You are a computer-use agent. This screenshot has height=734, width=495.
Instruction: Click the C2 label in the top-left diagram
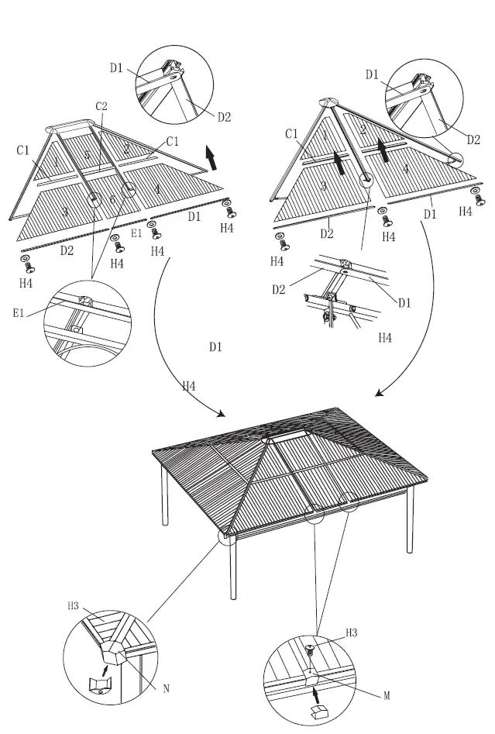101,106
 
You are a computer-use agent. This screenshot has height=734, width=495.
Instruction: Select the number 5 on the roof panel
87,156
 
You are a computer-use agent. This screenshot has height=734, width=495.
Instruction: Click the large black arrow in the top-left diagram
210,157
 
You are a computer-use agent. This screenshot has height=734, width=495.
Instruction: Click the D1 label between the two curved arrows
215,347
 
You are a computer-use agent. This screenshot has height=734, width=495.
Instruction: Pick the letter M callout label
387,696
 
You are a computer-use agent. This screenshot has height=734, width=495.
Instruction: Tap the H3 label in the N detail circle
74,606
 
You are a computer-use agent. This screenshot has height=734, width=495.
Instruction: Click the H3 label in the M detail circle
352,632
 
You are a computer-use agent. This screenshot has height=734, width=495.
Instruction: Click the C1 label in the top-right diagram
291,134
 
